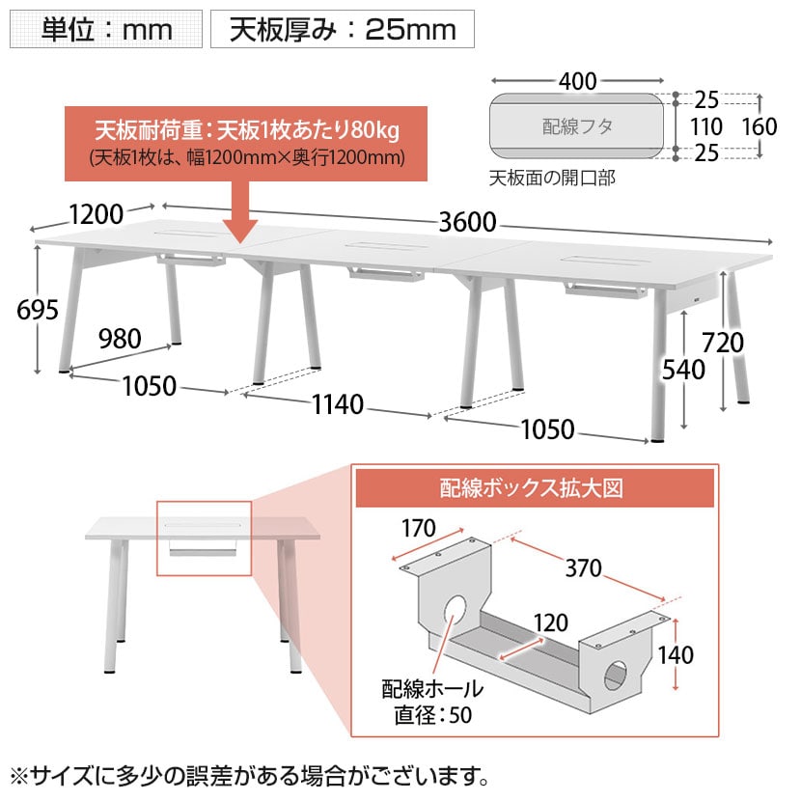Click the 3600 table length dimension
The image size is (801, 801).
(x=467, y=222)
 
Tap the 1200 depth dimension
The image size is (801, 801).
(x=97, y=214)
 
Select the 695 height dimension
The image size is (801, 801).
(x=38, y=310)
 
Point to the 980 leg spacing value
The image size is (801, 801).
(x=120, y=339)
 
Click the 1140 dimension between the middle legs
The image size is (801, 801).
(x=338, y=404)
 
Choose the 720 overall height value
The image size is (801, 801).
(x=722, y=343)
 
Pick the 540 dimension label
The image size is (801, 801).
(x=683, y=370)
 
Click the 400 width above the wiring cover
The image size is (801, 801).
(x=578, y=81)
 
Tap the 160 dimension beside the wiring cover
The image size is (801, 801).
(x=760, y=126)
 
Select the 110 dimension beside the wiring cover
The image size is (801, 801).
(x=706, y=126)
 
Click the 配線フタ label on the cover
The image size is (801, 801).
(x=577, y=126)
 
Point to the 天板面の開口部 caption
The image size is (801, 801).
(x=552, y=178)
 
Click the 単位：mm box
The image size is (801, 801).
(x=106, y=29)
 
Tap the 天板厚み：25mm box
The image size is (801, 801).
(x=343, y=29)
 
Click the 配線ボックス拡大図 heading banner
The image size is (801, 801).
(x=535, y=488)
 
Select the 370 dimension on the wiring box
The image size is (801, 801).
(x=584, y=568)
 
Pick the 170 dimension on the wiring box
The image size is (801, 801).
(x=419, y=528)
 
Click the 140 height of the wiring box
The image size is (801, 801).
(x=676, y=655)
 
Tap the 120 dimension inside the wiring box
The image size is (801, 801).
(x=551, y=622)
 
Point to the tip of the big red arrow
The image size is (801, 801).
(x=240, y=242)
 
